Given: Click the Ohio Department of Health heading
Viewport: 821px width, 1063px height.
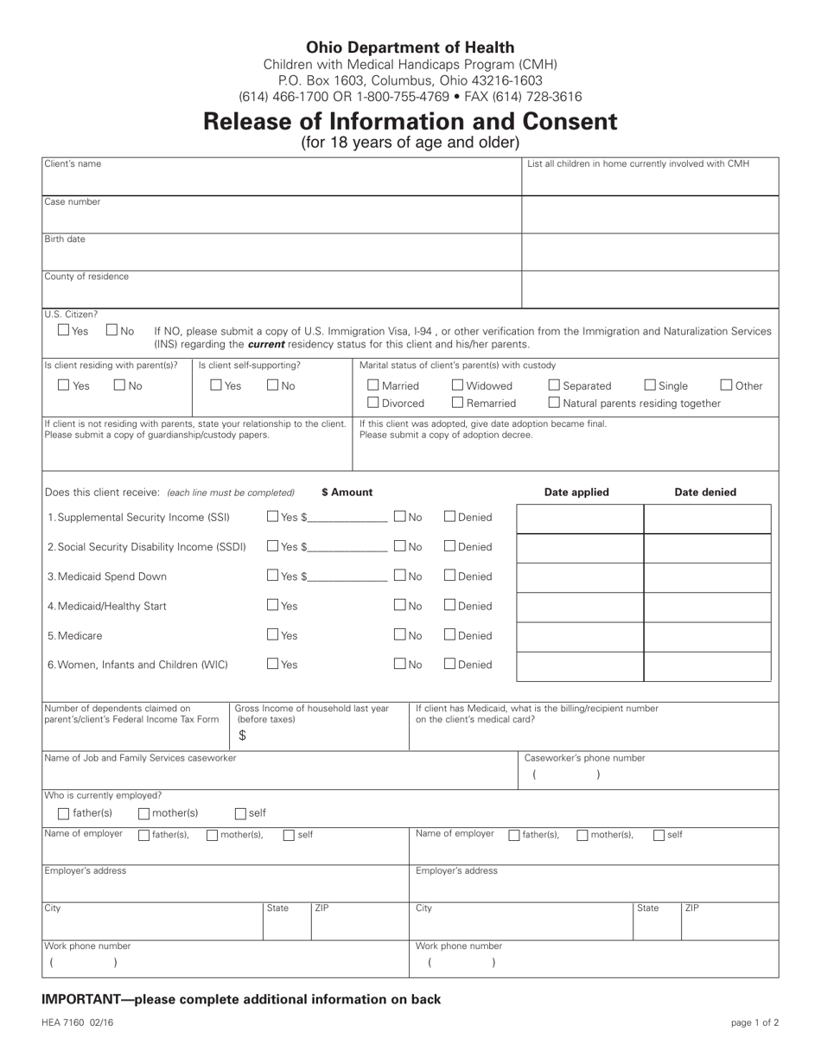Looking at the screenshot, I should (410, 48).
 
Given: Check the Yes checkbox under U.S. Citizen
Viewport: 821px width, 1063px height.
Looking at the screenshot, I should (64, 330).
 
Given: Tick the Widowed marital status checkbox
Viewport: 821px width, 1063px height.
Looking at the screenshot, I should (458, 385).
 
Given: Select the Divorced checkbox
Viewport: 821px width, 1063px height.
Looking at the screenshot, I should (373, 403).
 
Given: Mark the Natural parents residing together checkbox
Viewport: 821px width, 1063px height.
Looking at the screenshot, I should (554, 403).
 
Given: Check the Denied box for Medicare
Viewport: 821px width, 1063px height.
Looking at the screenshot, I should (450, 635).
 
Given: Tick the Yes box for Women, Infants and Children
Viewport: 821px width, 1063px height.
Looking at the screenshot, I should (272, 665).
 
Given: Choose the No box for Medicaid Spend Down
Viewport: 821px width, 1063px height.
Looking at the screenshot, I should (400, 576).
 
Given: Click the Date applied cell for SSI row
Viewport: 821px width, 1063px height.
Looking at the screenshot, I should (580, 519).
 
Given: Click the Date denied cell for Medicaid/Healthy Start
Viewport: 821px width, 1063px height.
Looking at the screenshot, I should (707, 608).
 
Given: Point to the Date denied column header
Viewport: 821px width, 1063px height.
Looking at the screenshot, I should (705, 493).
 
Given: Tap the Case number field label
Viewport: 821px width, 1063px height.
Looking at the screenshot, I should (73, 202).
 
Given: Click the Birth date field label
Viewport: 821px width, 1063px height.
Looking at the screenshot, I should (65, 239).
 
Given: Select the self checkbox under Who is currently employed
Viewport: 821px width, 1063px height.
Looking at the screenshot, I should (241, 813).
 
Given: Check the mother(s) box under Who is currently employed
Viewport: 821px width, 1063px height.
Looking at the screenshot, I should (144, 813).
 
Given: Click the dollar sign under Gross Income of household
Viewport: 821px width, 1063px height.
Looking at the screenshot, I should (242, 735).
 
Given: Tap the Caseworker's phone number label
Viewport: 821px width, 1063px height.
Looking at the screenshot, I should (585, 758).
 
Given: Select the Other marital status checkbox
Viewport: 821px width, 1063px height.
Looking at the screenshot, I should (727, 385).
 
